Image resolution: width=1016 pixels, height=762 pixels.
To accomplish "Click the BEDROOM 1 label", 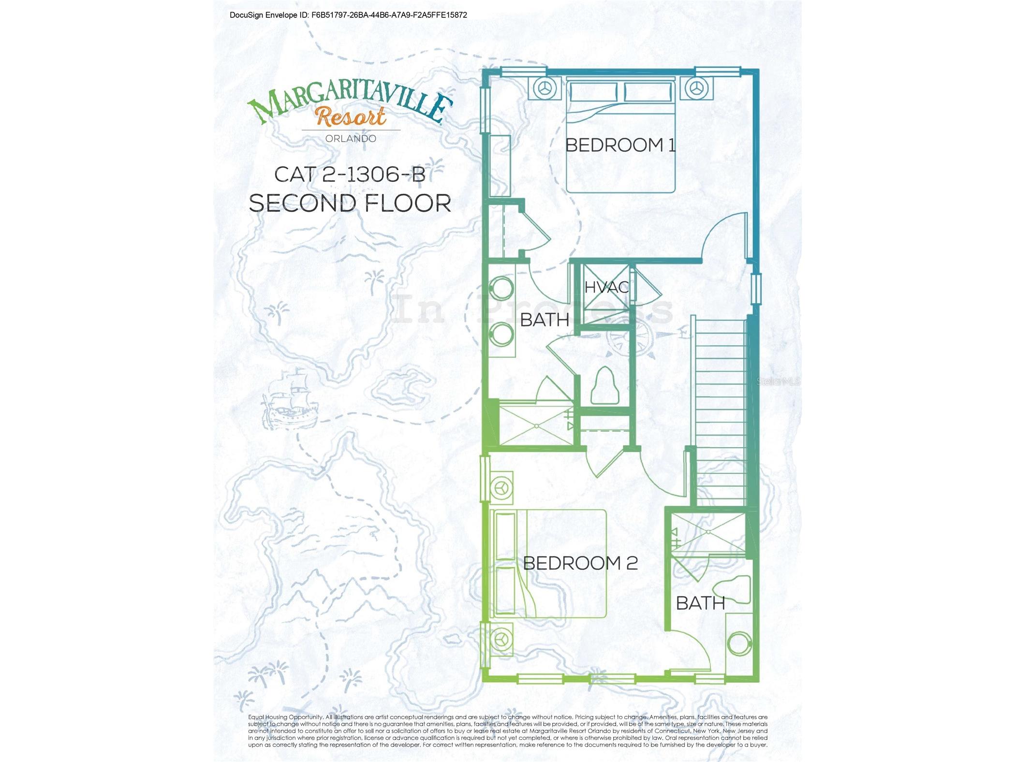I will click(620, 145).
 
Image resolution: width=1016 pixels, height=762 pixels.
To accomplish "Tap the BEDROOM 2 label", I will click(580, 563).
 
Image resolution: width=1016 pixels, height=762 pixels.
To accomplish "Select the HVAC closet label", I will click(606, 287).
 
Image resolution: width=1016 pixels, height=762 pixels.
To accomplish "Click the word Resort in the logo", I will click(351, 116).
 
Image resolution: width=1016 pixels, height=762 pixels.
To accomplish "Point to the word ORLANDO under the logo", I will click(351, 138).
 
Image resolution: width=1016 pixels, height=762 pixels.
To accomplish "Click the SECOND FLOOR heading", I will click(350, 203).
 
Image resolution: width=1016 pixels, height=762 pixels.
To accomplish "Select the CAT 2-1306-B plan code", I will click(350, 175).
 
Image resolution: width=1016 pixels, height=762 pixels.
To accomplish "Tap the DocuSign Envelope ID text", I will click(348, 15).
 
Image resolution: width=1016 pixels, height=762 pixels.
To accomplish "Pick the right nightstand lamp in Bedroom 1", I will click(696, 88).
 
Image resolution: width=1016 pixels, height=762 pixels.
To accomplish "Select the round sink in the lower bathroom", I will click(739, 644).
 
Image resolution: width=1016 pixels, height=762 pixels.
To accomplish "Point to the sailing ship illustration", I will click(289, 397).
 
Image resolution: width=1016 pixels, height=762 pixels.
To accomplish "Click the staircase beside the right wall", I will click(721, 411).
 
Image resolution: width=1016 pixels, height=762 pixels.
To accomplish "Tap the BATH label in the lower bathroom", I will click(700, 603).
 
